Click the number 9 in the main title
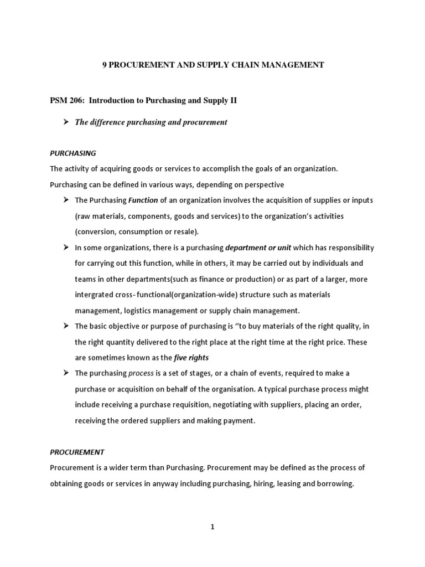click(x=103, y=65)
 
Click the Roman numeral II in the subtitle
click(x=232, y=101)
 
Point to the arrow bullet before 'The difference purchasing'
click(x=65, y=122)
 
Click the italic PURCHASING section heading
click(x=73, y=153)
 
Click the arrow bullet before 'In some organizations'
click(x=65, y=248)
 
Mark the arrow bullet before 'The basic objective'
click(x=65, y=326)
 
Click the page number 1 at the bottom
click(x=212, y=528)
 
